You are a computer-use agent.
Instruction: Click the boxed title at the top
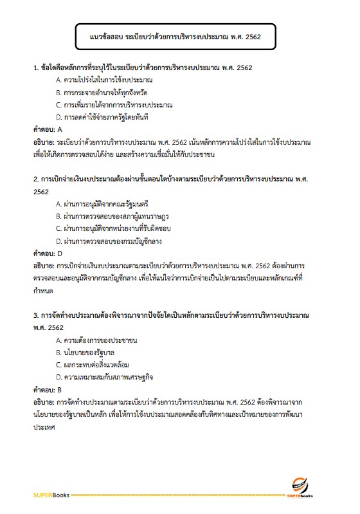tap(175, 38)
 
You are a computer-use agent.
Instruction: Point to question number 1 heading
tap(143, 67)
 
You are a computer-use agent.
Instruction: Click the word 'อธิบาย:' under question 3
tap(44, 402)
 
